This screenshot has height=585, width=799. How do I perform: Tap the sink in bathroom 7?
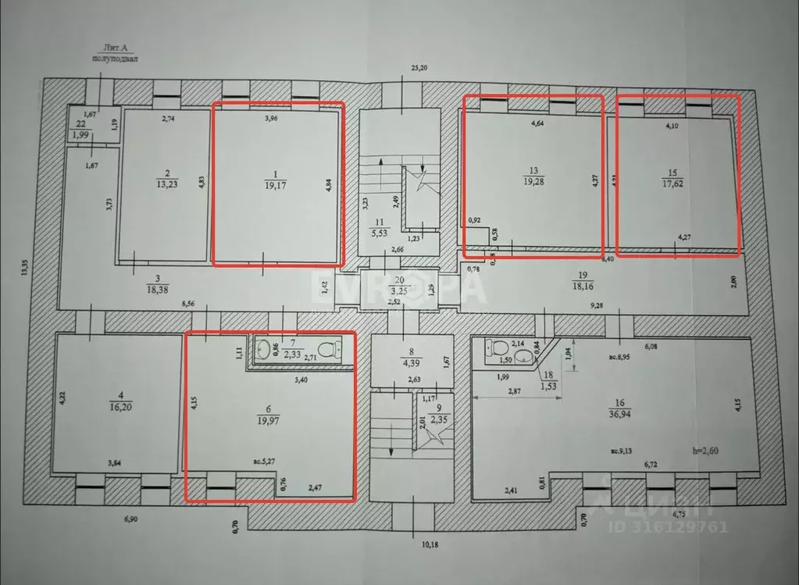265,350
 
